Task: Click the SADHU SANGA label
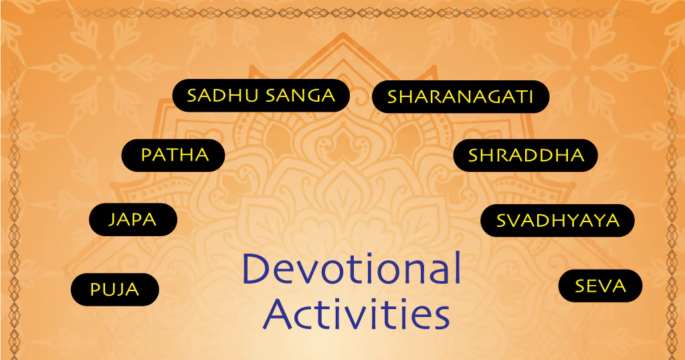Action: point(261,95)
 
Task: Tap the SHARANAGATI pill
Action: point(460,96)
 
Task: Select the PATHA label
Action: point(173,155)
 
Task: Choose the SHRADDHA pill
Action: point(526,155)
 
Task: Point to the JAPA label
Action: point(133,219)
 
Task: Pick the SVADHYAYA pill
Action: point(557,220)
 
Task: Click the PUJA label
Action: point(115,289)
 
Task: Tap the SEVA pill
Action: point(600,286)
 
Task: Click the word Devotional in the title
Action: point(352,268)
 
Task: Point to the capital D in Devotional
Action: point(256,268)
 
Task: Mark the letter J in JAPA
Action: point(112,220)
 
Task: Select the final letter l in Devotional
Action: point(458,268)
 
